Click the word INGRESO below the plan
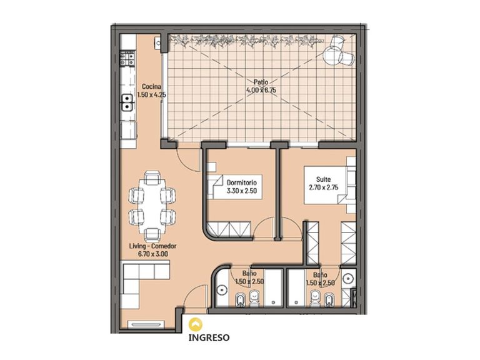point(209,337)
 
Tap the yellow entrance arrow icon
point(195,324)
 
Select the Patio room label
point(261,82)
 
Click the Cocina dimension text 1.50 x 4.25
point(151,94)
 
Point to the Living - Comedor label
point(152,246)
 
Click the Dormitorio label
point(241,182)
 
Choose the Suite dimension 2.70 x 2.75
point(324,187)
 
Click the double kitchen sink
point(127,102)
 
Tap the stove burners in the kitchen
point(127,59)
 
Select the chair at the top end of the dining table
point(152,178)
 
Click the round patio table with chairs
point(337,51)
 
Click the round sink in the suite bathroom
point(348,278)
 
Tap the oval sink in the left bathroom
point(221,290)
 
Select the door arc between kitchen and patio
point(183,164)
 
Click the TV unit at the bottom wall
point(146,324)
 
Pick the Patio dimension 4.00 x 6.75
point(261,90)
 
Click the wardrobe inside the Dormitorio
point(229,229)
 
